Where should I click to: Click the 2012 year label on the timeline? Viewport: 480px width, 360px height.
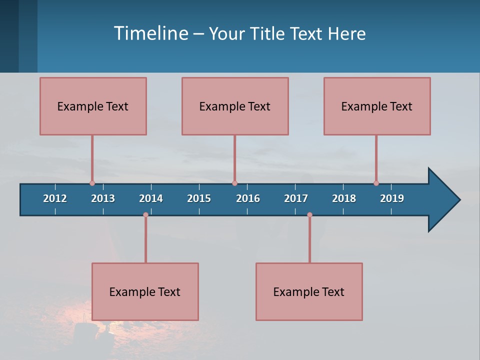[x=55, y=198]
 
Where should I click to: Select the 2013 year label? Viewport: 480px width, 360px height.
[x=103, y=198]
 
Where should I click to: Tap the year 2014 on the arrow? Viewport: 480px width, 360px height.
[x=151, y=198]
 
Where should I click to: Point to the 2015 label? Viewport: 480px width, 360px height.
[x=199, y=198]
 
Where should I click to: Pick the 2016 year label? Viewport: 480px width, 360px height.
[x=248, y=198]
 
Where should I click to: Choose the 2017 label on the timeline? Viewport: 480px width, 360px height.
[x=296, y=198]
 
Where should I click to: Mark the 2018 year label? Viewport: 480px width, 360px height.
[x=344, y=198]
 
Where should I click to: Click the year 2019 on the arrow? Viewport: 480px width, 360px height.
[x=392, y=198]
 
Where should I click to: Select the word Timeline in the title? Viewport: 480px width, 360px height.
[x=150, y=33]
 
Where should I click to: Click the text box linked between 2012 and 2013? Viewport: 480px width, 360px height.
[x=93, y=106]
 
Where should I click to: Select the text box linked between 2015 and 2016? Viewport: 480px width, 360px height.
[x=235, y=106]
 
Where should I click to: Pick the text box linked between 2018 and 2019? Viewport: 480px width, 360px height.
[x=377, y=106]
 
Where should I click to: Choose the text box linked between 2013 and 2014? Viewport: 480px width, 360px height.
[x=145, y=291]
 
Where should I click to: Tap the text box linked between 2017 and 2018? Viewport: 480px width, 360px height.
[x=309, y=291]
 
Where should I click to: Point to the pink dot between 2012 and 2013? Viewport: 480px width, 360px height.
[x=92, y=183]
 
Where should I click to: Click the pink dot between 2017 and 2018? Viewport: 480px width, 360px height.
[x=309, y=215]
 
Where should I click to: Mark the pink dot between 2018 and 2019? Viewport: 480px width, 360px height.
[x=376, y=183]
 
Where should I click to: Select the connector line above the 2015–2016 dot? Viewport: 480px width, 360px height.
[x=234, y=158]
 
